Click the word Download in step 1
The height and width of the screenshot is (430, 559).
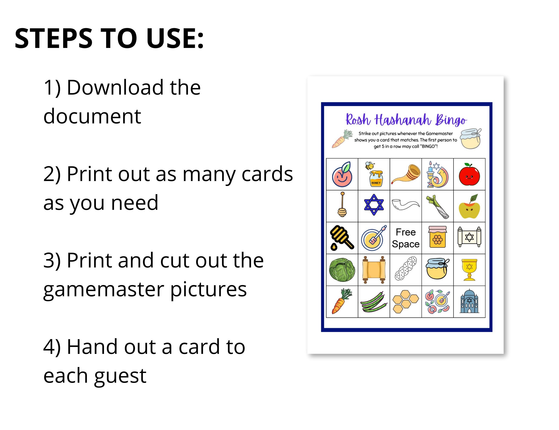(115, 88)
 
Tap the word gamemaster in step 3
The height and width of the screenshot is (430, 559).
(103, 289)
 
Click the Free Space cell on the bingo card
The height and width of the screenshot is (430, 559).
(405, 238)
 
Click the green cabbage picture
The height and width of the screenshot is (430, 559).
(342, 270)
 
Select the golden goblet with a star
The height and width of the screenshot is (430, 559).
(469, 270)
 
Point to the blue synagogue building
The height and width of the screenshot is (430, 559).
(469, 301)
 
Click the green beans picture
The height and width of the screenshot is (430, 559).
(374, 302)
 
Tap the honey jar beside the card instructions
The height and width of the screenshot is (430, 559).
(470, 139)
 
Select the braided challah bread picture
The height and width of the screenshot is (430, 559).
(405, 270)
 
